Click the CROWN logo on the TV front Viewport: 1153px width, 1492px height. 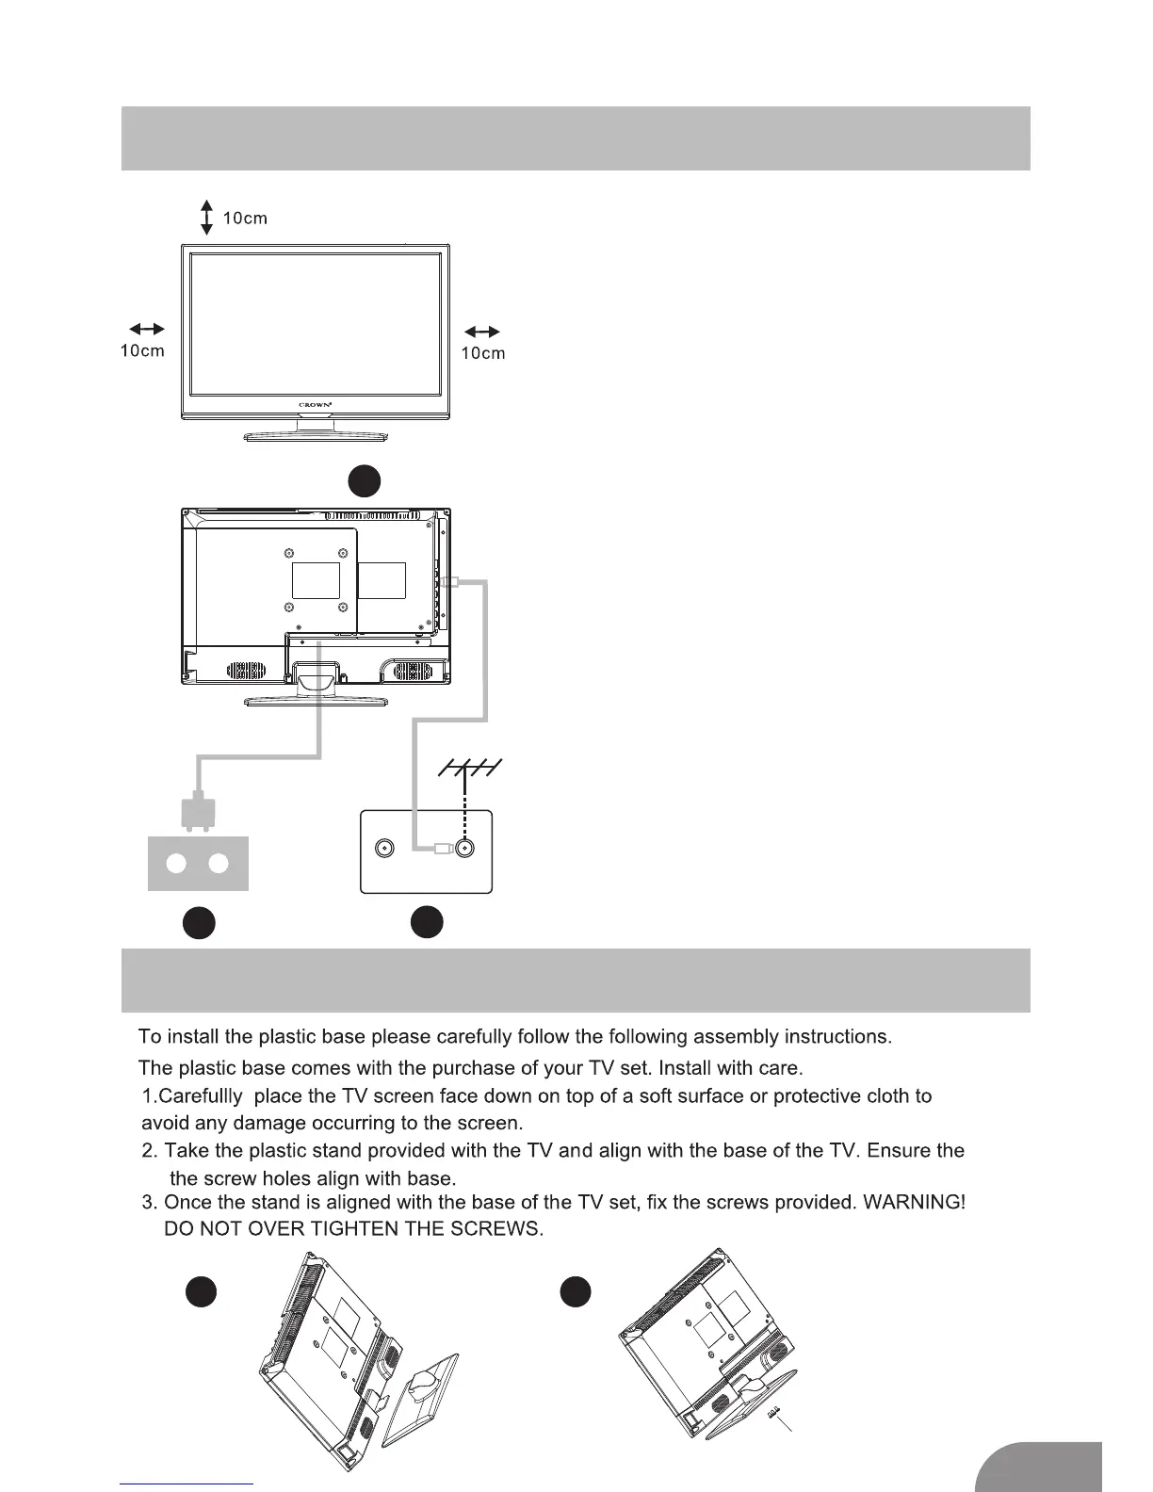click(316, 405)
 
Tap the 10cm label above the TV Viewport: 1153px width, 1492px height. click(245, 219)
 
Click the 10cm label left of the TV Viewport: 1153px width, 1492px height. click(142, 351)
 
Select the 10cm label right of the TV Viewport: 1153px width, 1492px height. click(482, 353)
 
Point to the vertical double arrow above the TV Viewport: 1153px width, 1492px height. click(207, 218)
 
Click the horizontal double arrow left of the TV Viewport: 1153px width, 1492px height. click(147, 329)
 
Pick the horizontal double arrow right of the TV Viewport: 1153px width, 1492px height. click(482, 332)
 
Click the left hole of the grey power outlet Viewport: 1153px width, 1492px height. click(175, 864)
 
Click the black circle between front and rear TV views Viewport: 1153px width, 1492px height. click(364, 481)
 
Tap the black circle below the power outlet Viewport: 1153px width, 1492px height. click(198, 923)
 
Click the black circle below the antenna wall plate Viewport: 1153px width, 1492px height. click(427, 921)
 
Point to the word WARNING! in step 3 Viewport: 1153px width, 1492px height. click(918, 1203)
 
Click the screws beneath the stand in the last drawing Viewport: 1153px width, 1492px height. click(774, 1413)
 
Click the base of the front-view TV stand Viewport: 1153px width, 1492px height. click(316, 437)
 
